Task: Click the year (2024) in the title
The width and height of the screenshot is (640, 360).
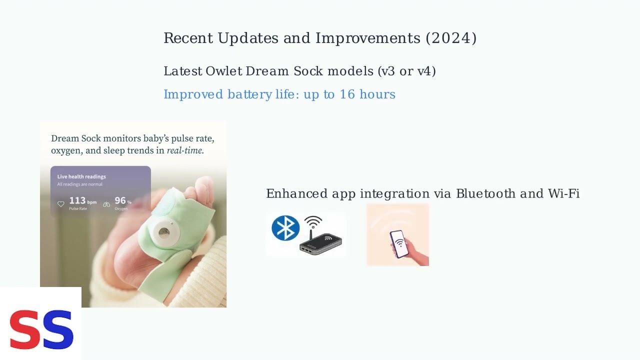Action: [x=451, y=38]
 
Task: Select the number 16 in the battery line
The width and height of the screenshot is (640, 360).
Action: [x=347, y=94]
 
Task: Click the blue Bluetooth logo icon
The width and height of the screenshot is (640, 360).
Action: [x=285, y=228]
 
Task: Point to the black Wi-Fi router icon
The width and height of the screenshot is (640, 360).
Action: [x=320, y=242]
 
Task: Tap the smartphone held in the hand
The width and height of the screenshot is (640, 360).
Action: [x=398, y=243]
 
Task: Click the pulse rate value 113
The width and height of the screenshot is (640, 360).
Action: [x=77, y=201]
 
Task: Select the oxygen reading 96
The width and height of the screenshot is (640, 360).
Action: [x=120, y=201]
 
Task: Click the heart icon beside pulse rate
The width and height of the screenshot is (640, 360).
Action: [x=61, y=204]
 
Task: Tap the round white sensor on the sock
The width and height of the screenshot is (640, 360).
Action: [x=163, y=232]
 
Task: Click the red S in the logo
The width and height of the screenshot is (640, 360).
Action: [x=25, y=329]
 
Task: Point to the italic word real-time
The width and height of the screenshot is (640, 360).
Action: [x=185, y=150]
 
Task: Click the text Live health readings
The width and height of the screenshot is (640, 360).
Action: [x=81, y=176]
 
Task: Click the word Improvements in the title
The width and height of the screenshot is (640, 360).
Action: [x=368, y=38]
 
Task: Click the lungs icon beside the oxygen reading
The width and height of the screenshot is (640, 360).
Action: [x=106, y=204]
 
